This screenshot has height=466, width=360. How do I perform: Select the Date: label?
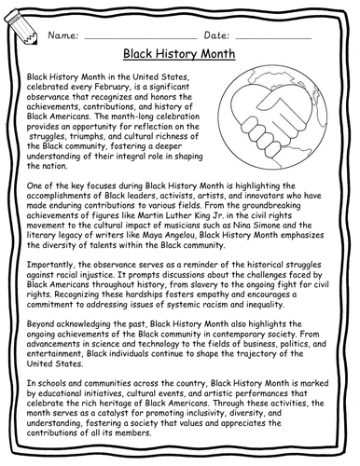coord(216,35)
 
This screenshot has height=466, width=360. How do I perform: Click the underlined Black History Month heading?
coord(180,56)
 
